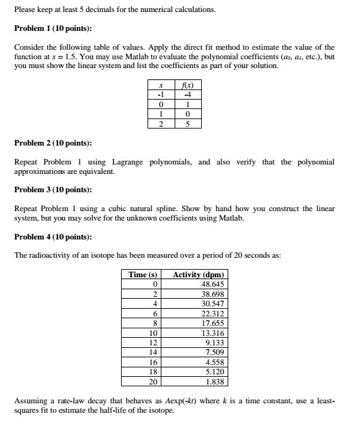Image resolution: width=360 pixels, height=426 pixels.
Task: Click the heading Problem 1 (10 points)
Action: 54,29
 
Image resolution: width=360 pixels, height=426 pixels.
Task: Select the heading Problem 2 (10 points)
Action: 54,143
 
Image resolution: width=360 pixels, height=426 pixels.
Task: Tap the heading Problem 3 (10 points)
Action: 54,190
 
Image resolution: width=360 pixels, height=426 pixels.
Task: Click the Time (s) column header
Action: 142,275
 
